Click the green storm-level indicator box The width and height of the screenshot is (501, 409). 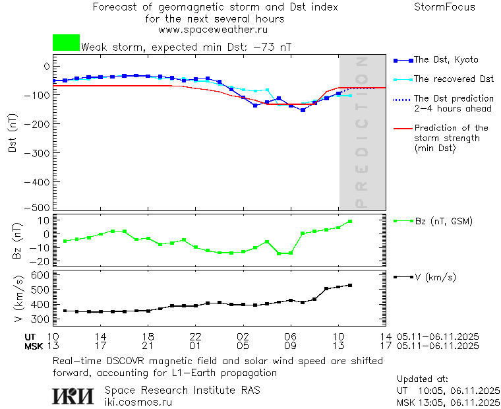tap(66, 43)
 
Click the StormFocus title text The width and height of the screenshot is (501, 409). tap(444, 7)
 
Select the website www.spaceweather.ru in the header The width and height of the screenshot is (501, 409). tap(213, 30)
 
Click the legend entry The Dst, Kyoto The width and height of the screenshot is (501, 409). tap(445, 60)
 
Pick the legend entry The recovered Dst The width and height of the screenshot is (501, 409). tap(453, 79)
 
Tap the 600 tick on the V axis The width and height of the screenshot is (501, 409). tap(42, 275)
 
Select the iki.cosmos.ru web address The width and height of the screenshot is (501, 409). tap(138, 401)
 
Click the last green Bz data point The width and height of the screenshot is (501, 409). tap(350, 222)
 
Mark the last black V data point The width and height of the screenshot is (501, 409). tap(350, 285)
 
